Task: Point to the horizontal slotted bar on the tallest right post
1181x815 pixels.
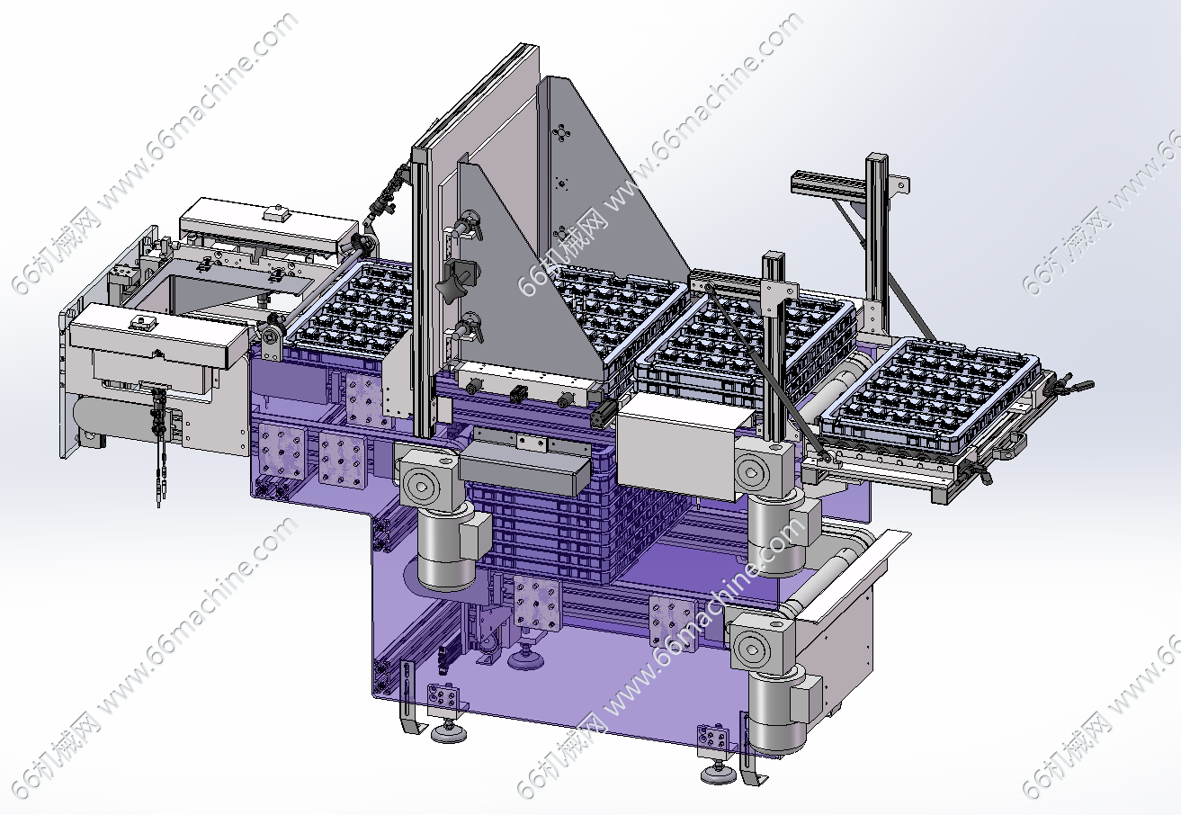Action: coord(828,183)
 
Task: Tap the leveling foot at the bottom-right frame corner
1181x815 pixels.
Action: coord(719,774)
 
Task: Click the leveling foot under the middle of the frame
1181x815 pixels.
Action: coord(525,658)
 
